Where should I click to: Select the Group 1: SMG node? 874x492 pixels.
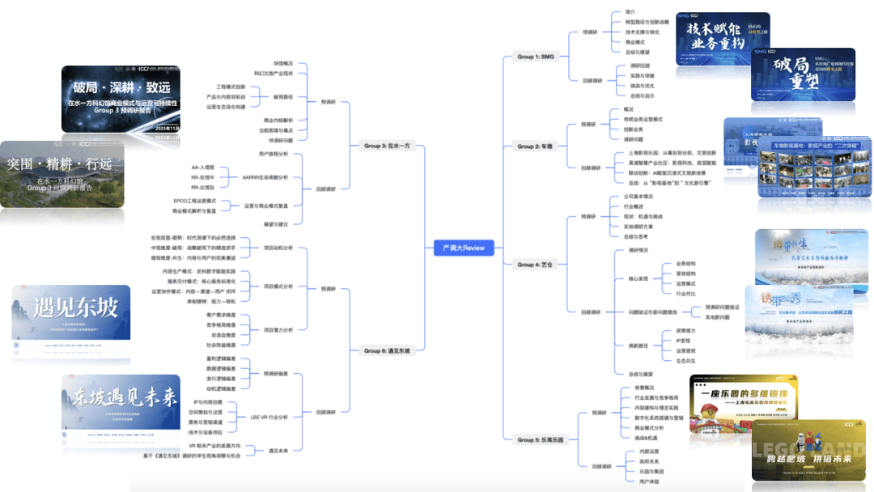point(536,57)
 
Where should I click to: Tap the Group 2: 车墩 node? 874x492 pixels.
point(535,146)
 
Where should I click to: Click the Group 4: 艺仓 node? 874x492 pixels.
point(535,265)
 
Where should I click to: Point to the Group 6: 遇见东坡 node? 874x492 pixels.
point(387,350)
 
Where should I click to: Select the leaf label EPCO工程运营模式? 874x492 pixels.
point(194,200)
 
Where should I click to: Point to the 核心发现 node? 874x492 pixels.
point(639,278)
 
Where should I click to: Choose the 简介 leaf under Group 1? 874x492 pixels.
point(630,12)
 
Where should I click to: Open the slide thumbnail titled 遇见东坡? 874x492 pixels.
point(71,322)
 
